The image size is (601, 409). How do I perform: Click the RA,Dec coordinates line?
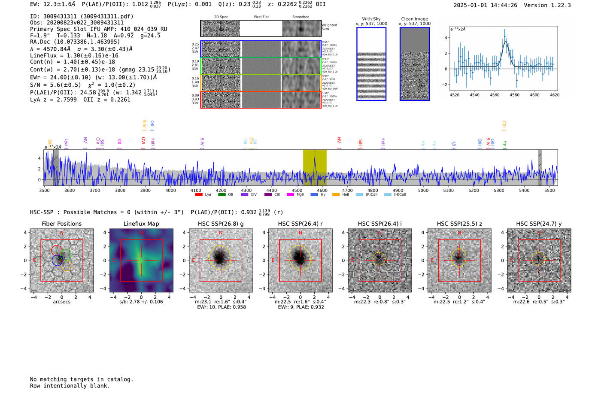tap(75, 42)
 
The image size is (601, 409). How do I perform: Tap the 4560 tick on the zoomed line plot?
tap(495, 95)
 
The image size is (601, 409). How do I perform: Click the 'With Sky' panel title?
tap(371, 19)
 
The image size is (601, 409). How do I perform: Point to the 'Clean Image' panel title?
tap(414, 19)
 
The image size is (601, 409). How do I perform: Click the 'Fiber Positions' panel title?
tap(61, 224)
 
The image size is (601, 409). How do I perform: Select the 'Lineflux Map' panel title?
tap(141, 224)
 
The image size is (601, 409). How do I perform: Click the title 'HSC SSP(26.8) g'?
tap(221, 224)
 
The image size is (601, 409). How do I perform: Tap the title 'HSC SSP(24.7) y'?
tap(539, 224)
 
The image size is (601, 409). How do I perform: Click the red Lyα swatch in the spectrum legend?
tap(199, 195)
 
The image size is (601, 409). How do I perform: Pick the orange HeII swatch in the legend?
tap(336, 195)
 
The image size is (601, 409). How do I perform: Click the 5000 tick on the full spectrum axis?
tap(423, 190)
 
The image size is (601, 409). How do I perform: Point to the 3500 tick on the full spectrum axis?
tap(44, 190)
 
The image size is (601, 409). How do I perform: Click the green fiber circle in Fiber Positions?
tap(66, 254)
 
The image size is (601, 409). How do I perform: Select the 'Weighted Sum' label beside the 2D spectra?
tap(329, 27)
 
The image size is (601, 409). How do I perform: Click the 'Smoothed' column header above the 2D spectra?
tap(300, 17)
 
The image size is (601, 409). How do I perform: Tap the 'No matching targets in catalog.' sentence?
tap(82, 379)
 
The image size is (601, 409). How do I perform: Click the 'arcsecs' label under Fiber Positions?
tap(61, 302)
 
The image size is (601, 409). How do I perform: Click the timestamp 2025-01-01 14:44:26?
tap(485, 5)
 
